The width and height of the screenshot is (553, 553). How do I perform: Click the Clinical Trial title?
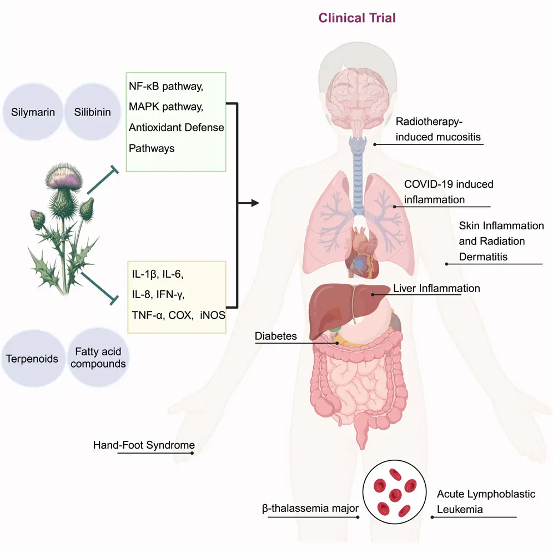357,18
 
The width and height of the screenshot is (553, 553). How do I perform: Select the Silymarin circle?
33,112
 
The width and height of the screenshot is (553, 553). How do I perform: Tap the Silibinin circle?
92,112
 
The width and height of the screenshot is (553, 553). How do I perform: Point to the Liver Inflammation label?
436,288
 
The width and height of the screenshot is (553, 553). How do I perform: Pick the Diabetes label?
276,336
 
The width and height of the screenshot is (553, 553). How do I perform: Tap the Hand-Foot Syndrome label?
144,445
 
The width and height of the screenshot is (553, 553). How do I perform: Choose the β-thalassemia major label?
310,508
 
